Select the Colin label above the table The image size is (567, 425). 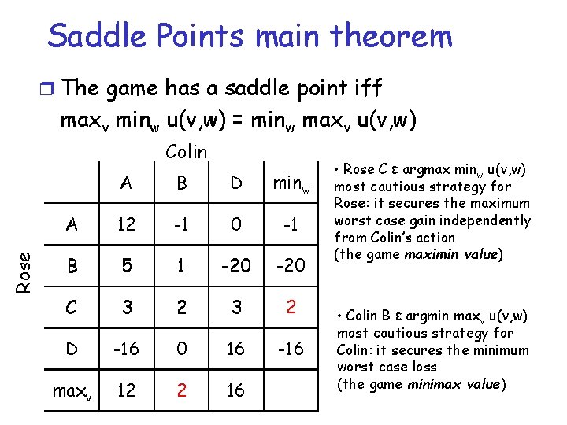(x=186, y=152)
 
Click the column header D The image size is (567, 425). (x=236, y=183)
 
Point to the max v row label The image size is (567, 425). (x=72, y=390)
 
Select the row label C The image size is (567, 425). (x=72, y=306)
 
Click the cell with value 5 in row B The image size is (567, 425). (x=127, y=266)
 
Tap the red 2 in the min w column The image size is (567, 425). (x=291, y=306)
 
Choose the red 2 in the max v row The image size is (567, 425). (x=181, y=390)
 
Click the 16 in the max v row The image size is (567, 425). (x=236, y=390)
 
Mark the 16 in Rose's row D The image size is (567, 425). (x=236, y=348)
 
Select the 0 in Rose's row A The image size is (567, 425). (x=236, y=224)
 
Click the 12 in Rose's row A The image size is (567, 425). (x=127, y=224)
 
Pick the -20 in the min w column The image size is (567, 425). (x=291, y=266)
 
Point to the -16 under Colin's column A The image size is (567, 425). (x=127, y=348)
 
